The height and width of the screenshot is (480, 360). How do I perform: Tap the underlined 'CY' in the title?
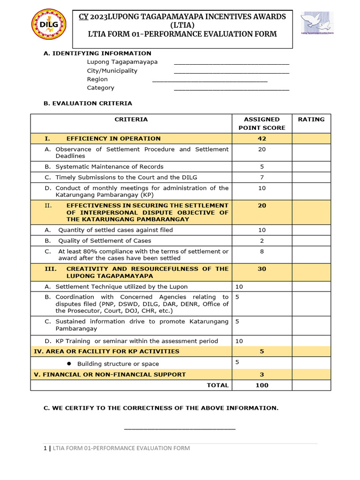click(x=83, y=16)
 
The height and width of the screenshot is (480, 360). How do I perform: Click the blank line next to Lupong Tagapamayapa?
click(x=232, y=63)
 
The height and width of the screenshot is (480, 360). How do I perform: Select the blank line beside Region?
click(x=210, y=80)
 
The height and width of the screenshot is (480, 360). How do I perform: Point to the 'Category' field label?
click(x=100, y=88)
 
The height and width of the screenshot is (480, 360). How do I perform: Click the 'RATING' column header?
click(x=311, y=120)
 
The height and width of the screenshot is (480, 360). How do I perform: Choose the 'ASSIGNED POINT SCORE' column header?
click(x=262, y=123)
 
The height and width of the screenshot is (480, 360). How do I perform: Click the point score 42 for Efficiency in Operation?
click(x=262, y=139)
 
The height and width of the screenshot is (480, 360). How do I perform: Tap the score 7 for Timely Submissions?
click(x=262, y=177)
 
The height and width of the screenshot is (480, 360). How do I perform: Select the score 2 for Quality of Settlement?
click(x=262, y=240)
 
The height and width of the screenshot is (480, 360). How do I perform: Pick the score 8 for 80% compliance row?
click(x=262, y=251)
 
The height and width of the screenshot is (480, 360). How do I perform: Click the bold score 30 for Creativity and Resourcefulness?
click(x=262, y=269)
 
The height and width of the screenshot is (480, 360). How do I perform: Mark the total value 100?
click(x=262, y=385)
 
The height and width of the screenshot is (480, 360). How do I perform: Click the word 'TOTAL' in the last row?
click(x=218, y=385)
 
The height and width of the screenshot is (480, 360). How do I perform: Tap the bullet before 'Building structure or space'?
click(x=68, y=364)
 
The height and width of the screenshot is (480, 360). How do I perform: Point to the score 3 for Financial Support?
click(x=262, y=375)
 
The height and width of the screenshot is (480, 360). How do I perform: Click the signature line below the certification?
click(x=180, y=428)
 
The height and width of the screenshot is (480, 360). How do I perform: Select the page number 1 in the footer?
click(x=45, y=449)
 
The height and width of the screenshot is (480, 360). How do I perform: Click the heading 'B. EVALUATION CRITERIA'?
click(x=88, y=103)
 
